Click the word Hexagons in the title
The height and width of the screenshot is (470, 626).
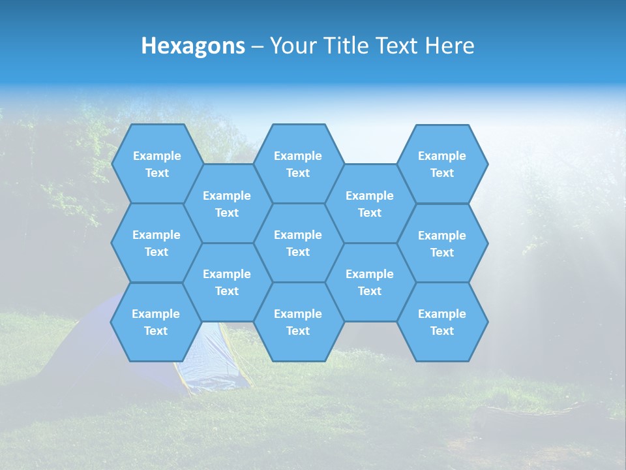(x=193, y=46)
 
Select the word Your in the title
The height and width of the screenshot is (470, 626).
(x=291, y=46)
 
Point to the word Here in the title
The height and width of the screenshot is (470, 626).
(x=449, y=46)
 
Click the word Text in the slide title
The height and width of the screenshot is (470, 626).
(x=396, y=46)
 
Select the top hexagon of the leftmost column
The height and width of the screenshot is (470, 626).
(x=156, y=164)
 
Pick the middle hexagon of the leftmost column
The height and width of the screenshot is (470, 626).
(x=156, y=243)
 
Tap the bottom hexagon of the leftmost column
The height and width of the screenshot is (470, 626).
(x=156, y=322)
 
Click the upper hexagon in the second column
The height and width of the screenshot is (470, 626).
(x=227, y=204)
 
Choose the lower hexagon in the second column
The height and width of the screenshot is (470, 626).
(x=227, y=282)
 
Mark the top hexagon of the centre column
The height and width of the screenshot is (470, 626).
(x=298, y=164)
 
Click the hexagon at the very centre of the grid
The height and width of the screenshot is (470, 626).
(x=298, y=243)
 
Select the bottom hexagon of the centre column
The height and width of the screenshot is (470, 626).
(x=298, y=322)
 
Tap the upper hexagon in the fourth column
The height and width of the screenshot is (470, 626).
(x=370, y=204)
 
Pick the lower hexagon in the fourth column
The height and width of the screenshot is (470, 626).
(x=370, y=282)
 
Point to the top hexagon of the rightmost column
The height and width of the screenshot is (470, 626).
(x=442, y=164)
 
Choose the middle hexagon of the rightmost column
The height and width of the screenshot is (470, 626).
(x=442, y=243)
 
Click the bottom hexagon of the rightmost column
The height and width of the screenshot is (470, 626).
(x=442, y=322)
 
